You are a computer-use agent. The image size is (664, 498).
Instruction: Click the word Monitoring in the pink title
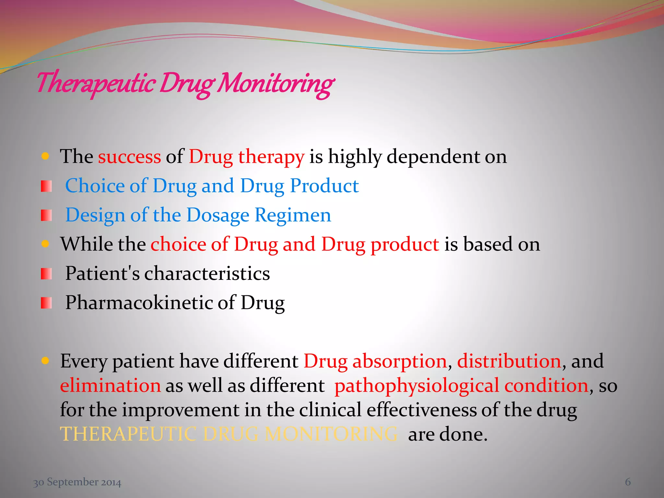(x=276, y=84)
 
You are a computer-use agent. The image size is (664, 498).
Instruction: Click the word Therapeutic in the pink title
(x=95, y=83)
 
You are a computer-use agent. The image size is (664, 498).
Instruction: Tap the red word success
(x=129, y=157)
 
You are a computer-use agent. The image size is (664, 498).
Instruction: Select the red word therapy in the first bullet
(x=271, y=157)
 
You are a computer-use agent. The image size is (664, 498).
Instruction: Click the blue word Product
(x=324, y=186)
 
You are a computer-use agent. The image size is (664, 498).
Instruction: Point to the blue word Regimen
(x=293, y=215)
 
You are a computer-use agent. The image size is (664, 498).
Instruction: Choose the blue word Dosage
(x=218, y=215)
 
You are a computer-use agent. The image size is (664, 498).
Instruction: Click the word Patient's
(x=102, y=273)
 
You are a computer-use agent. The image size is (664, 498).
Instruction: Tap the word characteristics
(x=207, y=273)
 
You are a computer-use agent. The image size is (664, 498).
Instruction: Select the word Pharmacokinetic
(x=139, y=302)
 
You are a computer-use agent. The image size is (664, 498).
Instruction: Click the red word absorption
(x=400, y=361)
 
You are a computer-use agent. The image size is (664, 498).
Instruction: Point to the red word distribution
(x=509, y=361)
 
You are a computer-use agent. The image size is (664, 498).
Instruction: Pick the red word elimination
(x=110, y=385)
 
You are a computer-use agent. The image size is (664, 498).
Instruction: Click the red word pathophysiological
(x=417, y=385)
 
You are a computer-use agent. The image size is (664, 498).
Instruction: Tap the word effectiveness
(x=421, y=410)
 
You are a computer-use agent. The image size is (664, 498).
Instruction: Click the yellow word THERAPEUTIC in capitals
(x=128, y=434)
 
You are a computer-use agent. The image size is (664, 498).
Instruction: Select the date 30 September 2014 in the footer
(x=77, y=482)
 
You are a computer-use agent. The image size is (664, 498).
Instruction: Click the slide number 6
(x=628, y=482)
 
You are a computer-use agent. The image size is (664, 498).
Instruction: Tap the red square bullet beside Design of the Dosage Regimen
(x=46, y=215)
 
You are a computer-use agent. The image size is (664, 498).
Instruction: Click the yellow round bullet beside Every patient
(x=45, y=361)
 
